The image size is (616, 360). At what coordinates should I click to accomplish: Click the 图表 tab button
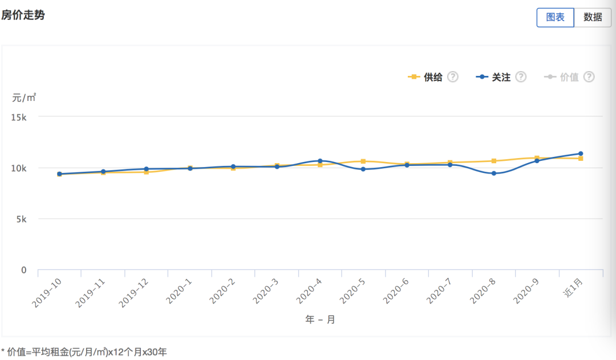coord(555,17)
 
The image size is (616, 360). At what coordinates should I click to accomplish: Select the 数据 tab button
coord(593,17)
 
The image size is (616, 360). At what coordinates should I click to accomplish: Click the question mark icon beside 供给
coord(453,77)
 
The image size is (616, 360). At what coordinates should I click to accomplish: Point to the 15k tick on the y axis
coord(19,117)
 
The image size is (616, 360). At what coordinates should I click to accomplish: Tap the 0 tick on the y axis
coord(24,270)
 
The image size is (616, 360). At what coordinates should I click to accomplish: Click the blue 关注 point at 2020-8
coord(494,173)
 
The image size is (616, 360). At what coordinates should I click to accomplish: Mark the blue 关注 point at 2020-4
coord(320,161)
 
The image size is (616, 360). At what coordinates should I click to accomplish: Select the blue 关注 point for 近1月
coord(581,153)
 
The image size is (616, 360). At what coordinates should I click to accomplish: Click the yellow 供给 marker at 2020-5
coord(363,161)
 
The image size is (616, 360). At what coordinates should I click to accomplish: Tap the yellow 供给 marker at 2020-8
coord(494,161)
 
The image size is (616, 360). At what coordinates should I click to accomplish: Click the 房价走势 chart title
coord(23,15)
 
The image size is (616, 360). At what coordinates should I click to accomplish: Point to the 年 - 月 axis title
coord(320,319)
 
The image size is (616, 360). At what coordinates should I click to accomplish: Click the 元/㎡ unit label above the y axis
coord(24,98)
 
